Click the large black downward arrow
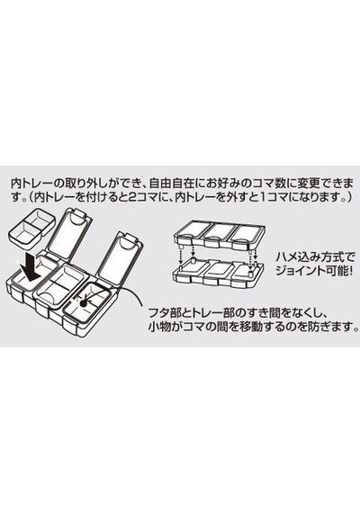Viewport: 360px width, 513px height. click(x=31, y=268)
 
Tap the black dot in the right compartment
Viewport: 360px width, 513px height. click(x=83, y=303)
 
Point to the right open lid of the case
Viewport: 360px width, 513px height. click(x=121, y=256)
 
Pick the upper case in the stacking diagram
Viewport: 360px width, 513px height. click(x=218, y=235)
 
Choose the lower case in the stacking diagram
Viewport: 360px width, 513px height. click(x=218, y=274)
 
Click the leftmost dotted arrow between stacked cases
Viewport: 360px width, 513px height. click(x=180, y=256)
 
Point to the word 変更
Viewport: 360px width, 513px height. click(x=299, y=183)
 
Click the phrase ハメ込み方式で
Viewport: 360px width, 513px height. click(x=315, y=257)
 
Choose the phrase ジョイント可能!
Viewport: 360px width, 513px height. click(x=314, y=272)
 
